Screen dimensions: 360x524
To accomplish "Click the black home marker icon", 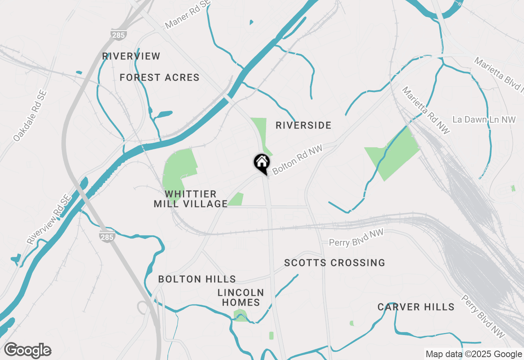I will (x=262, y=162).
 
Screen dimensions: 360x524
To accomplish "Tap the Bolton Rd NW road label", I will (x=298, y=159).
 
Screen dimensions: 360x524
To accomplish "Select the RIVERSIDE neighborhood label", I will (x=303, y=125).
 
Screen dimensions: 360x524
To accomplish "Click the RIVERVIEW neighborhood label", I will (x=131, y=56).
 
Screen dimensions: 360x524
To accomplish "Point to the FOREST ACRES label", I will (x=159, y=77).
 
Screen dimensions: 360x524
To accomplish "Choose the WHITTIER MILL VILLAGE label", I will (x=191, y=198).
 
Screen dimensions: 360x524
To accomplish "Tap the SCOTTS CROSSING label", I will (x=334, y=263).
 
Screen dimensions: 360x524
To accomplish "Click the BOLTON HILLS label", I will (x=197, y=279).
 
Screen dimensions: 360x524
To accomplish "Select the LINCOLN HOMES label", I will (x=241, y=297).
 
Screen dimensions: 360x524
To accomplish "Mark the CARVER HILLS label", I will (x=416, y=307).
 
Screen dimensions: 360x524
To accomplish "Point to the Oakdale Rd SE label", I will (x=30, y=116).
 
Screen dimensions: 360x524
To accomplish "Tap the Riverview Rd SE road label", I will (x=49, y=220).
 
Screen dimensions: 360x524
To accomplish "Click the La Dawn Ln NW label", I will (x=484, y=119).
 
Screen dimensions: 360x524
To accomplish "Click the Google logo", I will (x=27, y=351).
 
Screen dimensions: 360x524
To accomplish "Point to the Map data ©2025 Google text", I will (x=474, y=354).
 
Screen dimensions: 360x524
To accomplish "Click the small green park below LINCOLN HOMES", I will (x=240, y=315).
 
